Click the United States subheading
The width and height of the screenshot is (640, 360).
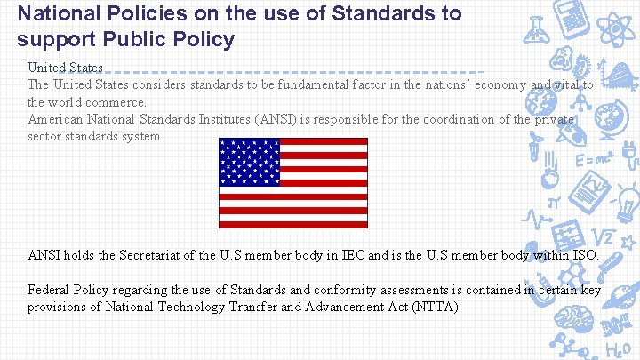(x=65, y=68)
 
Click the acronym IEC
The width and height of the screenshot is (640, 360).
(x=352, y=256)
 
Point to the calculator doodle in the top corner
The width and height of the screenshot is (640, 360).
(x=572, y=20)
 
